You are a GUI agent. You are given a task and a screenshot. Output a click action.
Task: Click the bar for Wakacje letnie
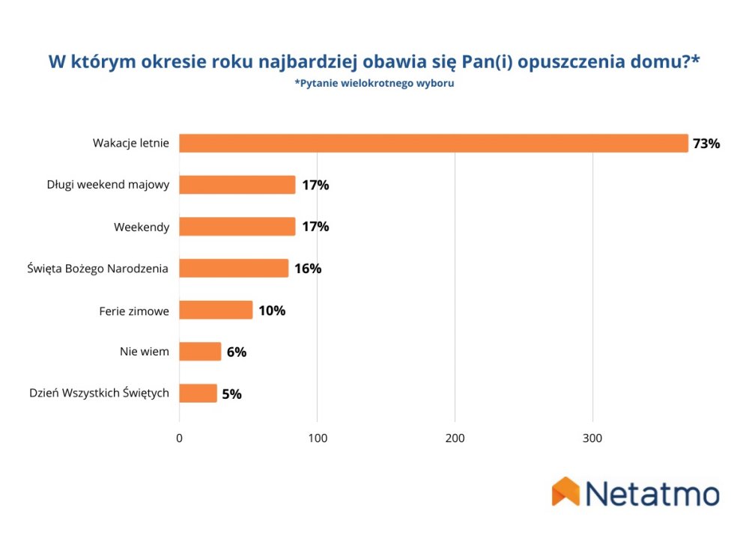pos(434,143)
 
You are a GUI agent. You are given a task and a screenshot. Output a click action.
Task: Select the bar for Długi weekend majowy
pos(237,185)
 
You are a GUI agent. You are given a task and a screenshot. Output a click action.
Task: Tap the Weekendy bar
pos(237,226)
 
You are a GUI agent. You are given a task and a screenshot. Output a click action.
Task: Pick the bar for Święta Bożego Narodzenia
pos(234,268)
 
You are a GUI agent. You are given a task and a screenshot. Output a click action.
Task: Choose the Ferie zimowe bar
pos(216,310)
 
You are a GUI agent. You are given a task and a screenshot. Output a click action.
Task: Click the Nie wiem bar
pos(200,351)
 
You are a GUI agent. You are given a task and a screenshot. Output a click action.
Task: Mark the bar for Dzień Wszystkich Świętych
pos(198,394)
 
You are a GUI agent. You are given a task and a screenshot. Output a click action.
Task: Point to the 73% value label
pos(706,144)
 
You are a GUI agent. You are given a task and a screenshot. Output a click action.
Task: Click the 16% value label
pos(308,269)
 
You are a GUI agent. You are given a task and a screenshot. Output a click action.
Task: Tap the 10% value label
pos(272,311)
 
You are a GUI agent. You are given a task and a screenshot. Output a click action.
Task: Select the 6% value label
pos(237,352)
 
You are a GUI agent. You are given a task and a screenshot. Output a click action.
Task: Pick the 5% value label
pos(231,394)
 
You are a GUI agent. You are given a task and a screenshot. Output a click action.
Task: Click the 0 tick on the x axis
pos(179,438)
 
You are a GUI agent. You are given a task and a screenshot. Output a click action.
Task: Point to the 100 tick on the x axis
pos(318,438)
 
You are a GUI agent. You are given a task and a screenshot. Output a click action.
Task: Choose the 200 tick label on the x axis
pos(455,438)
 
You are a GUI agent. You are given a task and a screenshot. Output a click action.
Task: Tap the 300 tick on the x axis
pos(592,438)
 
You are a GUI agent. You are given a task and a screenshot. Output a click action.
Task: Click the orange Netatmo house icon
pos(565,491)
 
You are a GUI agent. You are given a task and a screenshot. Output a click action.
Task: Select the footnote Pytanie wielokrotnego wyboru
pos(374,83)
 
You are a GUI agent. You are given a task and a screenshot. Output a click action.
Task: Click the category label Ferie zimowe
pos(134,311)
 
